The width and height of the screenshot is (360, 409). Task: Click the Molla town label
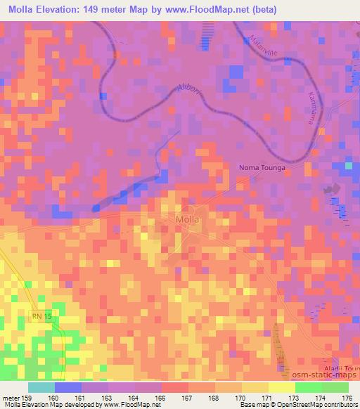[186, 220]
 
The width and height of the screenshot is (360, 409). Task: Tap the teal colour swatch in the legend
[41, 387]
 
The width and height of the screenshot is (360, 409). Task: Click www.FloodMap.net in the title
[208, 10]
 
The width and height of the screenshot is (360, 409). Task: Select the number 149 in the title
[106, 10]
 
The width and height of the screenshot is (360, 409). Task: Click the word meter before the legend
[12, 398]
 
